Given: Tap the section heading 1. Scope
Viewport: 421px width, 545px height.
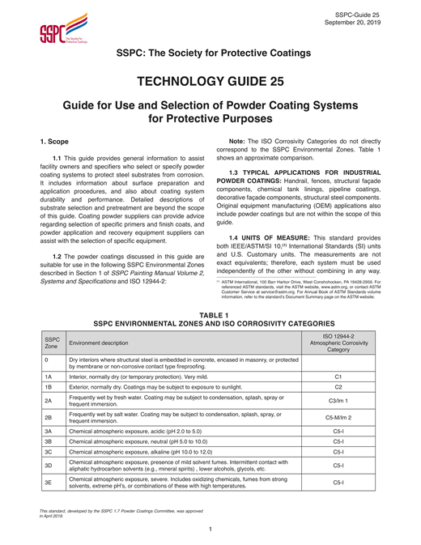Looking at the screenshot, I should pyautogui.click(x=57, y=141).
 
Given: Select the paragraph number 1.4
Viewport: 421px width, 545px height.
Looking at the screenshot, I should pyautogui.click(x=236, y=236).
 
